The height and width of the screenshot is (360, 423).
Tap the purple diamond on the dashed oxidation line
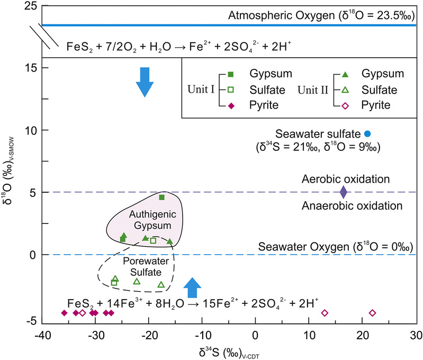point(343,192)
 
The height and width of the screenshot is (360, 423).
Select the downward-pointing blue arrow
point(143,82)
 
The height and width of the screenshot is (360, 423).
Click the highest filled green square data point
point(162,197)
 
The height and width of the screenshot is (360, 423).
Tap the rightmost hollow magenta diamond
point(372,313)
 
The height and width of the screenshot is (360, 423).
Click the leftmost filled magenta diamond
point(64,313)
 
